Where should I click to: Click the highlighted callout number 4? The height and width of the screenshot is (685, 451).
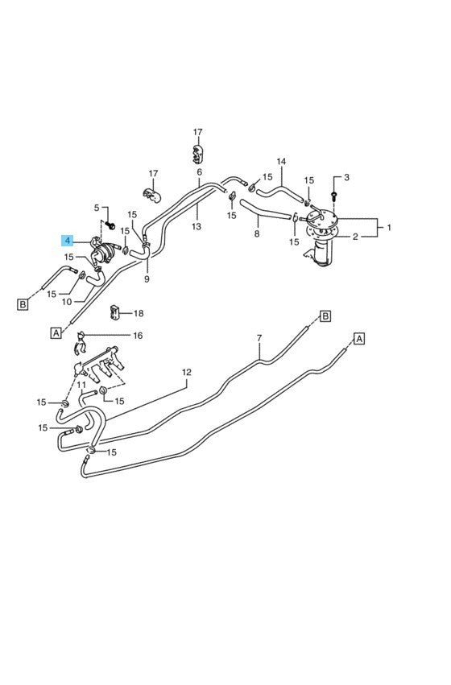point(67,241)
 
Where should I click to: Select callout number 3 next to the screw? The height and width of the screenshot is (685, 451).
point(346,177)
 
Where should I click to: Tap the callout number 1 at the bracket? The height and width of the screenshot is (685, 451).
point(389,227)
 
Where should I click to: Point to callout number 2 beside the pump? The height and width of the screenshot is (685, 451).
point(355,237)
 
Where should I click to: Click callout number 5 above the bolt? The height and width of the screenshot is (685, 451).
point(97,208)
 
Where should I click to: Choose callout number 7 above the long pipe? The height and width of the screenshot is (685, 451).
point(259,338)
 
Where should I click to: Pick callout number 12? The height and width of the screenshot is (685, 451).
point(187,372)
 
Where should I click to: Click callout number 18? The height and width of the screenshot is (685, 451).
point(139,313)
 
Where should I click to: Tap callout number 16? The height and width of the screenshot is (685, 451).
point(138,336)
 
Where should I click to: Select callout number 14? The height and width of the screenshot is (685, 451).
point(281,161)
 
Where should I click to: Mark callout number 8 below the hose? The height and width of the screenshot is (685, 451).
point(257,233)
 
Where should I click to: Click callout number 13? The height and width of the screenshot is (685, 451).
point(197,226)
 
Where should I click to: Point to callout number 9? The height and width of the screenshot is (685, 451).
point(147,279)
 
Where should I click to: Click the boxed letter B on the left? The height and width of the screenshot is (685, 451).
point(23,304)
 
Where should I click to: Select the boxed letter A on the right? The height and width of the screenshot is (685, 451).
point(359,339)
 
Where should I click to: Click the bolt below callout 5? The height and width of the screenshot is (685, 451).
point(110,226)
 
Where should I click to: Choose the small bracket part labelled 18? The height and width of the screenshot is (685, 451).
point(115,312)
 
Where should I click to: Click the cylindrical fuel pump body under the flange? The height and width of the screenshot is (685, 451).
point(322,253)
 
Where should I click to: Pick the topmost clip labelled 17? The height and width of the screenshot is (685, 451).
point(198,154)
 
